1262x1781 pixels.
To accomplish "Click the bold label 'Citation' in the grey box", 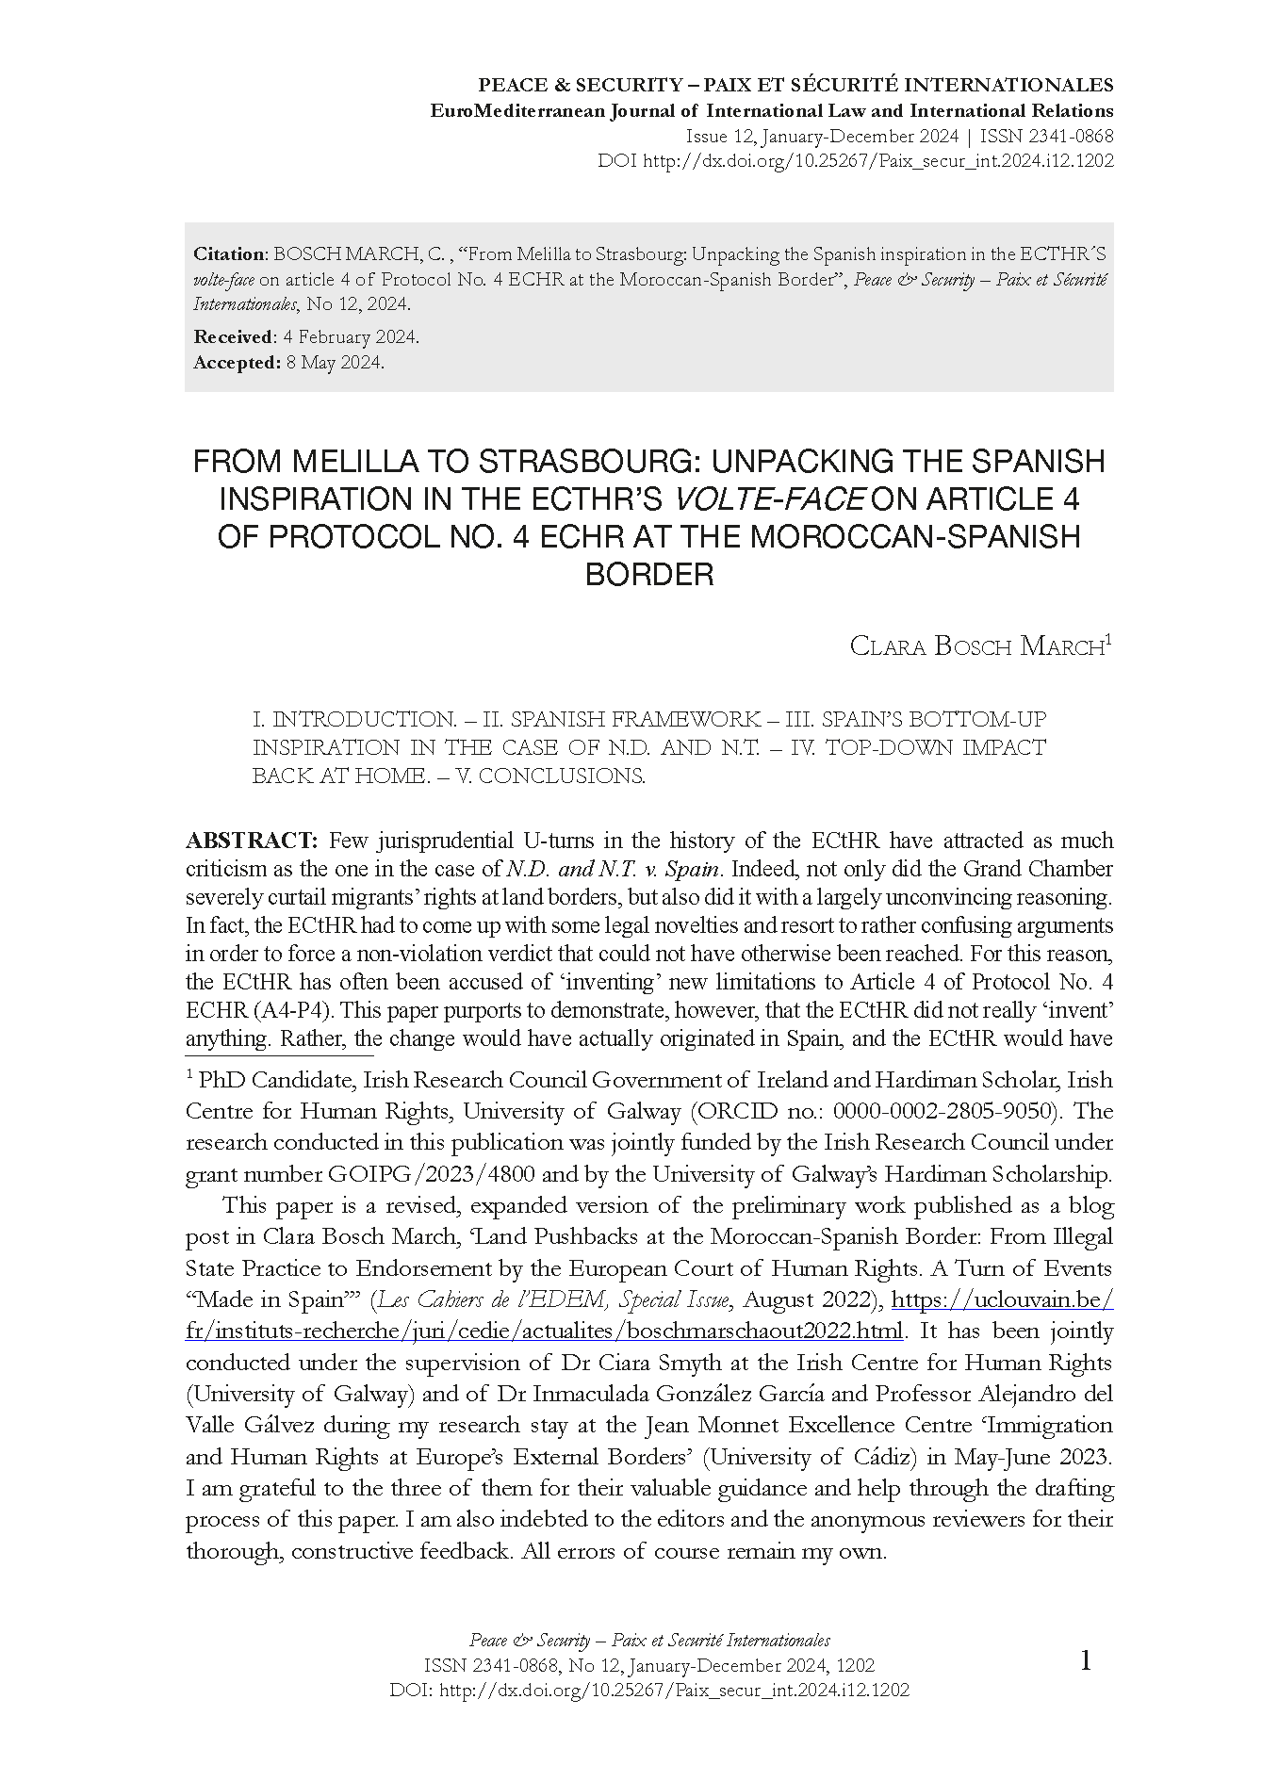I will point(230,254).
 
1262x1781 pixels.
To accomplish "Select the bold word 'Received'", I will point(232,337).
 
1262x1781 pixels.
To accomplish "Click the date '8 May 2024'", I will point(335,363).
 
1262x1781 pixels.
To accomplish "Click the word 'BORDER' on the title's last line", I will point(649,574).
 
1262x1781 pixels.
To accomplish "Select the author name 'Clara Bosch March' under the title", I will point(976,646).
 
